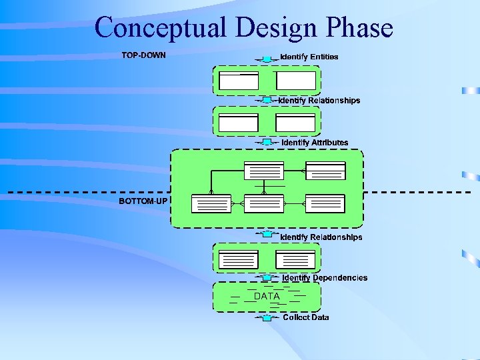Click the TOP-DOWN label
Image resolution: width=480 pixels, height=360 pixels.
pyautogui.click(x=143, y=55)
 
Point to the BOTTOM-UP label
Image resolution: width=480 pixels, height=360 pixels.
pyautogui.click(x=143, y=201)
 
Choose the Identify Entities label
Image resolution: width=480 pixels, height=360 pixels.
pyautogui.click(x=309, y=57)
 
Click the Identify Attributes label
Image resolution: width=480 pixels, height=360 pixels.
pyautogui.click(x=315, y=143)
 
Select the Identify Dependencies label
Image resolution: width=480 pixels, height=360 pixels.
pyautogui.click(x=325, y=278)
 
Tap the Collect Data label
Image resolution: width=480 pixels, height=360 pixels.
pyautogui.click(x=305, y=317)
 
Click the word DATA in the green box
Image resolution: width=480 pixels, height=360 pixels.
pyautogui.click(x=267, y=296)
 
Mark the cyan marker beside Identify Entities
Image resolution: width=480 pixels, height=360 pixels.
pyautogui.click(x=267, y=59)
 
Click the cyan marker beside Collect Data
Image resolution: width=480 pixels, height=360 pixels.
pyautogui.click(x=267, y=318)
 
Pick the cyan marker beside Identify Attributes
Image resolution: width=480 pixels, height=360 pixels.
pyautogui.click(x=267, y=143)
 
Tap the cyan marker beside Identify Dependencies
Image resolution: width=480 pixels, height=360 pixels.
pyautogui.click(x=267, y=277)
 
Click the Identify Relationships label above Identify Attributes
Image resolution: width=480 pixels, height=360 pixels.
pyautogui.click(x=319, y=100)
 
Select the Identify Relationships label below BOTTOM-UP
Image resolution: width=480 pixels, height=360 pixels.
pyautogui.click(x=321, y=237)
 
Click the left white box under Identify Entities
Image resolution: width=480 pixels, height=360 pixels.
pyautogui.click(x=239, y=81)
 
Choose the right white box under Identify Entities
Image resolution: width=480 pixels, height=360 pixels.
pyautogui.click(x=296, y=81)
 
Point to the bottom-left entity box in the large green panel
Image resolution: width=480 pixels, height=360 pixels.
pyautogui.click(x=211, y=203)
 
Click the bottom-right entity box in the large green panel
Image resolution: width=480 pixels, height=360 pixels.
pyautogui.click(x=325, y=203)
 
